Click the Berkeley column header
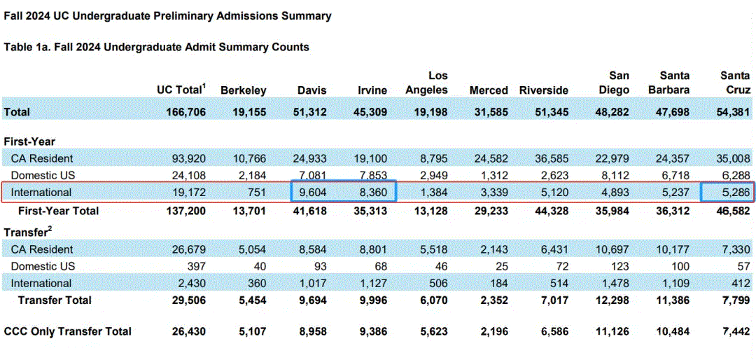click(x=243, y=90)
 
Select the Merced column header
click(x=489, y=90)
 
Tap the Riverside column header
click(x=543, y=90)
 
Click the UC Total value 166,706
click(x=181, y=113)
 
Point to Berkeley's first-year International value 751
click(x=256, y=193)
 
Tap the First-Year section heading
click(x=29, y=141)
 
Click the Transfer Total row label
click(x=55, y=300)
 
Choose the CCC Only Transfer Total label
click(x=67, y=331)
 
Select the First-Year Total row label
click(x=58, y=210)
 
